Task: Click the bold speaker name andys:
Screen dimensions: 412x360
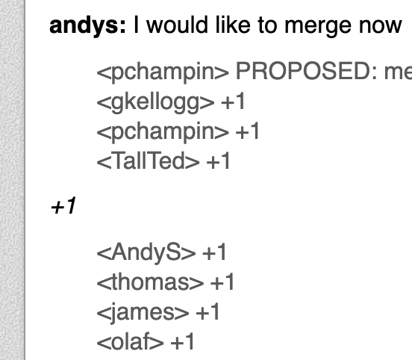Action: [x=87, y=26]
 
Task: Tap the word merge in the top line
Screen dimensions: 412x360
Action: [x=318, y=27]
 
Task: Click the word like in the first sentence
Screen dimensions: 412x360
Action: [x=233, y=25]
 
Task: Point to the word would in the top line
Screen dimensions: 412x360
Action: [x=177, y=25]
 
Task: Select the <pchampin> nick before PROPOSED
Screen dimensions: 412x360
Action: [x=163, y=72]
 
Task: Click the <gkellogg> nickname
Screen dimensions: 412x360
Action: [x=155, y=102]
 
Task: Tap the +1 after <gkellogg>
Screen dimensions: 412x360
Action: [x=234, y=102]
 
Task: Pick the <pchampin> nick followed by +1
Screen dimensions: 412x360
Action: [x=163, y=132]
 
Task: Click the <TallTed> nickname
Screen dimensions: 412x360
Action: [x=149, y=161]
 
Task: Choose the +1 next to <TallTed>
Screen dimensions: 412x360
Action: [x=219, y=161]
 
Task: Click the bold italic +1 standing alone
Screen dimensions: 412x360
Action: [x=63, y=205]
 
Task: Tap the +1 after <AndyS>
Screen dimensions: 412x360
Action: [x=214, y=252]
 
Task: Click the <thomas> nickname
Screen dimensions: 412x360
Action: [x=150, y=282]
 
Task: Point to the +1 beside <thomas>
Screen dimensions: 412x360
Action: [x=222, y=282]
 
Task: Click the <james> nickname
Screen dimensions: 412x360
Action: [x=143, y=313]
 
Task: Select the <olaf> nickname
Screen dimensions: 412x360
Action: [x=131, y=341]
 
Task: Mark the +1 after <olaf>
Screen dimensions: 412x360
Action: [x=182, y=341]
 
